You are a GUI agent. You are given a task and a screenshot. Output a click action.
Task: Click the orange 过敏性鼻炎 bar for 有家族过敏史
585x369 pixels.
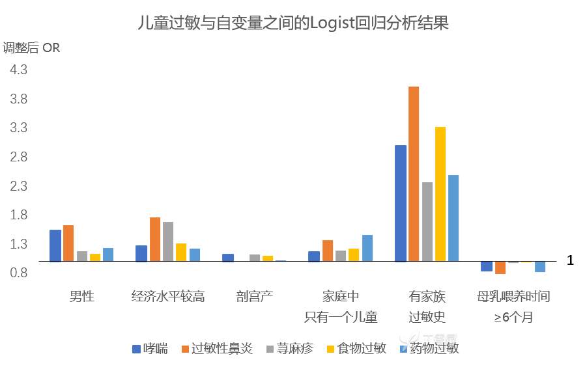click(x=413, y=174)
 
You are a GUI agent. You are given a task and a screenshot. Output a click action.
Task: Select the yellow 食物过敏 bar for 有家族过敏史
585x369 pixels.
click(x=440, y=194)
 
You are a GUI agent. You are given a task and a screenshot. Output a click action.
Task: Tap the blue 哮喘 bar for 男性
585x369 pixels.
click(x=55, y=245)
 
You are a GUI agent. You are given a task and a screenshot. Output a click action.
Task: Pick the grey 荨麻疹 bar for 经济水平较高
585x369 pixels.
click(x=168, y=241)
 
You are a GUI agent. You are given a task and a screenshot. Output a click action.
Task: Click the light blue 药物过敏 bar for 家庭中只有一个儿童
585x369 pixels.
click(x=367, y=248)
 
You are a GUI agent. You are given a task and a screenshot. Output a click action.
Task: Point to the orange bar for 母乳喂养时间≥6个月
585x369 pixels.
click(x=500, y=267)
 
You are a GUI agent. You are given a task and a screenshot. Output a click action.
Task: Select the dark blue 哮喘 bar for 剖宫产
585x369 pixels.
click(x=227, y=258)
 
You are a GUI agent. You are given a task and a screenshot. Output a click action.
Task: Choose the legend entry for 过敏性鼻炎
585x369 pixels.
click(x=218, y=348)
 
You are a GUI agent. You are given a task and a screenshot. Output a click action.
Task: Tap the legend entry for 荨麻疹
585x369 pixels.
click(x=289, y=348)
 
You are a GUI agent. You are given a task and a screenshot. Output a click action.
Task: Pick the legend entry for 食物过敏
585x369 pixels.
click(x=356, y=348)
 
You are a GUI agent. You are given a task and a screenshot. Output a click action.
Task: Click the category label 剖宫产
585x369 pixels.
click(x=254, y=297)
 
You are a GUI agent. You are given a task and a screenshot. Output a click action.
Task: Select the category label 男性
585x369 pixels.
click(x=81, y=297)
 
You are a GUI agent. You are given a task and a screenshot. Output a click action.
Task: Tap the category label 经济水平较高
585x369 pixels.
click(x=168, y=297)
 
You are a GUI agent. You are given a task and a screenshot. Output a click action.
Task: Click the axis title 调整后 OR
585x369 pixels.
click(x=31, y=48)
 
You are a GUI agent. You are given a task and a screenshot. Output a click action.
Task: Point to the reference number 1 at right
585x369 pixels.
click(x=570, y=260)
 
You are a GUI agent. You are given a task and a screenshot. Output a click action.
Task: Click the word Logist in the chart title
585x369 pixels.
click(x=331, y=24)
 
